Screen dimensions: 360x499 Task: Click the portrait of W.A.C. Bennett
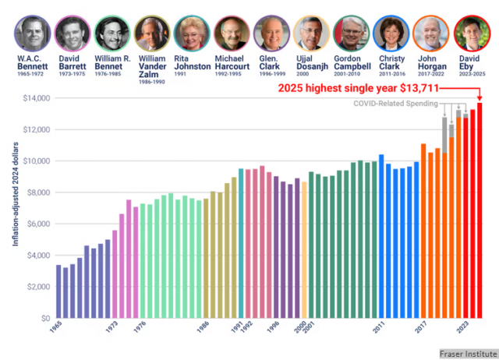[x=32, y=33]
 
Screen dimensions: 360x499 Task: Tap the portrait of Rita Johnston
[x=190, y=33]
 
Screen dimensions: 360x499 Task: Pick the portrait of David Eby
[x=469, y=33]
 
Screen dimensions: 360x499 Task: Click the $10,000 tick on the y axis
[x=34, y=161]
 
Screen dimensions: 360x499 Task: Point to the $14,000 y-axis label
[x=34, y=98]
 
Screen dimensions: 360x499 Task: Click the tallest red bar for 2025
[x=480, y=210]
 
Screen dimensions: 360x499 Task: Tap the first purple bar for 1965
[x=58, y=291]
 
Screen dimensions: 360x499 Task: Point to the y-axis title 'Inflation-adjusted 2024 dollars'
[x=15, y=199]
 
